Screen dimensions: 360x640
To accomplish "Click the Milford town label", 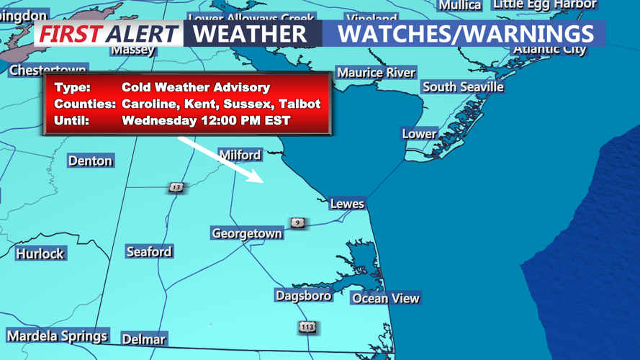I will pos(240,155).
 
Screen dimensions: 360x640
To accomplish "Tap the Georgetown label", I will pos(247,233).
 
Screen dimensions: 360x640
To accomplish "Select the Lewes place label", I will pos(347,204).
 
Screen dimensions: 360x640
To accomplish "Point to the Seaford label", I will pos(149,251).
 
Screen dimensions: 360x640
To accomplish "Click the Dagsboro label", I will pos(303,295).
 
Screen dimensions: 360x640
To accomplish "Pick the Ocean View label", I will pos(385,298).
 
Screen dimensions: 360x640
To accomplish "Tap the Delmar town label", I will pos(143,338).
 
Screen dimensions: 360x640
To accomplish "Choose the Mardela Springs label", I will pos(57,336).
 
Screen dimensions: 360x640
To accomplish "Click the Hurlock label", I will pos(40,253).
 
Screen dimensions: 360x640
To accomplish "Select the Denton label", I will pos(90,161).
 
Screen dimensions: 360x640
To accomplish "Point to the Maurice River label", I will pos(376,73).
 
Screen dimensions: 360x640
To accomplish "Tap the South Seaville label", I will pos(463,86).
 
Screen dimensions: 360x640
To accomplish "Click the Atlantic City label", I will pos(549,49).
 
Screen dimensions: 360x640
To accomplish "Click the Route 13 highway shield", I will pos(176,187).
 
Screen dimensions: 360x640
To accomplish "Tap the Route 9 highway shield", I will pos(297,222).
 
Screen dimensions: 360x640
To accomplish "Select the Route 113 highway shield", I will pos(307,327).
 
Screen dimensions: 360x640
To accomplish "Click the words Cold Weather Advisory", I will pos(196,87).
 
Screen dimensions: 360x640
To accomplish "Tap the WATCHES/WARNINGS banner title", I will pos(465,33).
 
